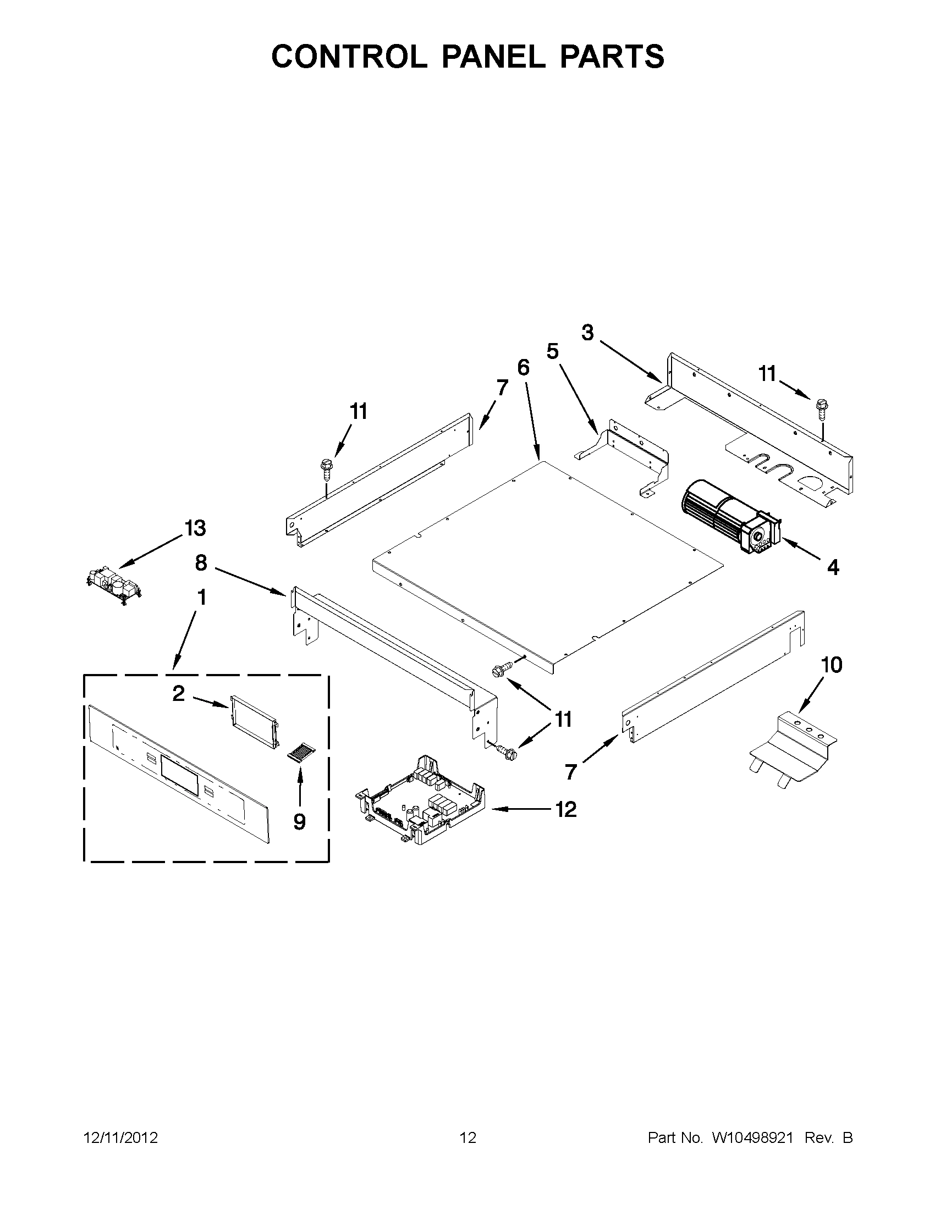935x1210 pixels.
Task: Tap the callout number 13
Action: (195, 528)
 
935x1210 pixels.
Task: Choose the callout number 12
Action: (566, 809)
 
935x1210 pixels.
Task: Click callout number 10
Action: (832, 664)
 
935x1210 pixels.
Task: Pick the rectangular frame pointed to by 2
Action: (252, 718)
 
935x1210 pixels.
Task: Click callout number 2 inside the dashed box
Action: (178, 693)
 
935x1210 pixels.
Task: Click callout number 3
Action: (587, 333)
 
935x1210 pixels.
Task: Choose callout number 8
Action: (201, 563)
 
